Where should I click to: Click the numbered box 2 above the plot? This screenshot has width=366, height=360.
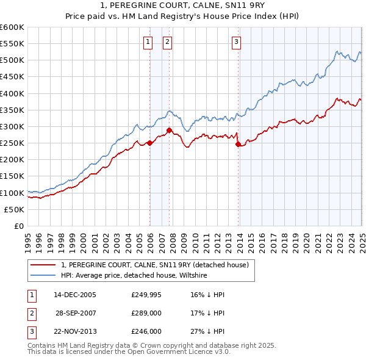167,42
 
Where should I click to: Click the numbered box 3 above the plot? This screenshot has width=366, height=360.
236,42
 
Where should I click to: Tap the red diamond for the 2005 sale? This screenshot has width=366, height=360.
149,143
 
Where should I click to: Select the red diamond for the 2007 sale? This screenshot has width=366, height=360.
169,130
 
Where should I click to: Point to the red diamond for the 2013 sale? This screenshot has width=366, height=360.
237,145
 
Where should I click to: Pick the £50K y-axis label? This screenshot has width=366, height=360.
14,209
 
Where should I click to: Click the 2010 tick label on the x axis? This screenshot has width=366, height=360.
195,239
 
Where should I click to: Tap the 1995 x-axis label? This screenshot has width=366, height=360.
28,239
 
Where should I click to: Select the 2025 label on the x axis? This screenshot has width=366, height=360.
362,239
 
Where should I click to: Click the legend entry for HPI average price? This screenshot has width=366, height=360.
134,276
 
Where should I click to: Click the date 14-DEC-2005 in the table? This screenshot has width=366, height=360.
75,295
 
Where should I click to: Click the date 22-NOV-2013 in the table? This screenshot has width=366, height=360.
75,333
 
